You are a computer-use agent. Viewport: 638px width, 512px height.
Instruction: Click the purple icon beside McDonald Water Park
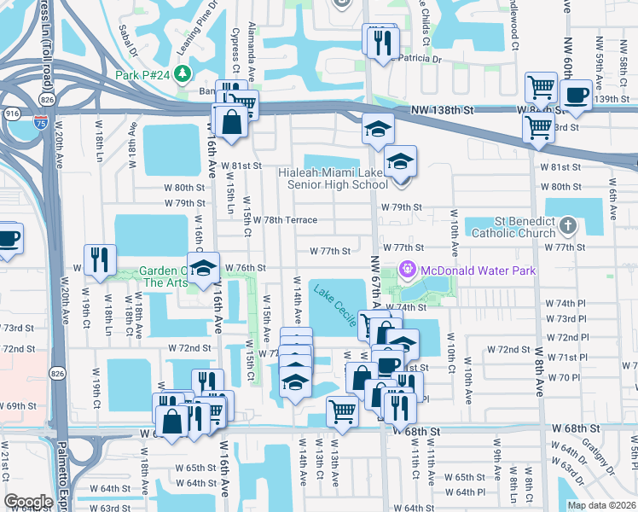(409, 271)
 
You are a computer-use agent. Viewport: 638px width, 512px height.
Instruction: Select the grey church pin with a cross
(569, 226)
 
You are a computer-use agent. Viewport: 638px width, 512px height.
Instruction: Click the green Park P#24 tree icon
(182, 72)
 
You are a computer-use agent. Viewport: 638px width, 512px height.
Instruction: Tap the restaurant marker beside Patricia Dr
(379, 40)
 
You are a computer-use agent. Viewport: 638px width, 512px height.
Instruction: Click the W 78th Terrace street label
(285, 220)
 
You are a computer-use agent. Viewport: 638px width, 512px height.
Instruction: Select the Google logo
(28, 502)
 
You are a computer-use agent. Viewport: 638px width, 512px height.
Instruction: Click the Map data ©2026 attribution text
(600, 504)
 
